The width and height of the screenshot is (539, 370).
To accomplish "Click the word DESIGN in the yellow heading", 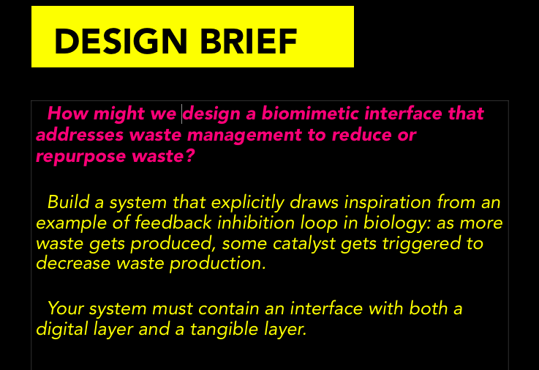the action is (x=121, y=41).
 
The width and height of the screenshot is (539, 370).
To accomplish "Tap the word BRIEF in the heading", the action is (x=248, y=41).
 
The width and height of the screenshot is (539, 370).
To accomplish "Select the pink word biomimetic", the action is (x=310, y=114).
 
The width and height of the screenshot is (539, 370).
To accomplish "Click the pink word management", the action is (x=244, y=136).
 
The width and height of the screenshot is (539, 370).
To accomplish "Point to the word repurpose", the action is (x=81, y=157).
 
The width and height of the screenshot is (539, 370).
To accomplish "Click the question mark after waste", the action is (x=190, y=155).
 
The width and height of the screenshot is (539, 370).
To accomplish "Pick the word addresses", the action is (x=80, y=135).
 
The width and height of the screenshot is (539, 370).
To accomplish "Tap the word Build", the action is (x=69, y=202).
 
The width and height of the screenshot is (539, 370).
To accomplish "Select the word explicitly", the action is (x=247, y=202).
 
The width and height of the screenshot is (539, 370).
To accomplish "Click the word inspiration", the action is (x=388, y=202).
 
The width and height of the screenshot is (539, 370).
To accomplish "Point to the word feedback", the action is (x=173, y=223).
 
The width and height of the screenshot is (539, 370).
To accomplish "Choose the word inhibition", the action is (x=256, y=223).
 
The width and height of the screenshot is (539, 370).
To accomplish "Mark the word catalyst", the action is (x=304, y=243).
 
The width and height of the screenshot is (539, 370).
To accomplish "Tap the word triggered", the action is (x=421, y=244).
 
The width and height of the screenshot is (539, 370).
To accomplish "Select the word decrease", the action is (x=73, y=264).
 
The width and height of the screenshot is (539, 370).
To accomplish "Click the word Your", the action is (x=66, y=308).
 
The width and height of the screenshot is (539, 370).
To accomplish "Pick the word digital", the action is (x=62, y=330).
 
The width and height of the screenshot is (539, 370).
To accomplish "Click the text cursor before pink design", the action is (x=182, y=114).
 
